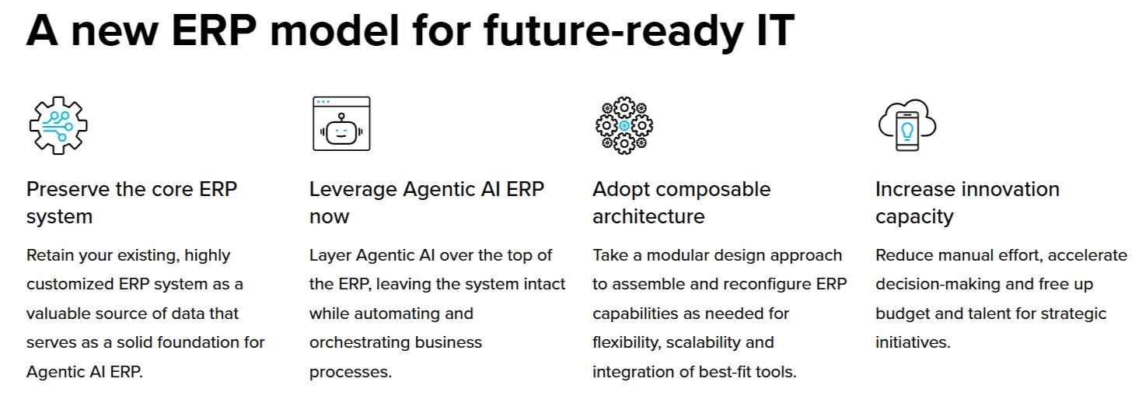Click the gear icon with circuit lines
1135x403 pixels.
[58, 125]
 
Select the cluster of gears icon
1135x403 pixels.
[624, 125]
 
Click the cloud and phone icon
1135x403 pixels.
[907, 125]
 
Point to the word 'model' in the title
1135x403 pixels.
[335, 30]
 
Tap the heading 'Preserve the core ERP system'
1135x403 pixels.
[131, 203]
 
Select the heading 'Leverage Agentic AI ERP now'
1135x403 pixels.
[427, 203]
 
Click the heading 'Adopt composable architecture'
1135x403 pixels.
[682, 203]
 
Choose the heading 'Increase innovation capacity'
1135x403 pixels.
[967, 203]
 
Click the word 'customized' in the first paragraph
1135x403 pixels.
[71, 284]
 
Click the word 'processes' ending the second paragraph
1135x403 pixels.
[348, 373]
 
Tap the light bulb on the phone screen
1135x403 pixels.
[907, 130]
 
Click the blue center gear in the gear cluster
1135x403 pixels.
[624, 125]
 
